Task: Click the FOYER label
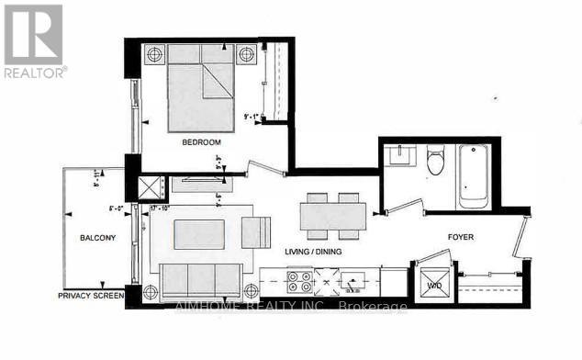coord(461,237)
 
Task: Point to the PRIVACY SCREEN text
coord(91,296)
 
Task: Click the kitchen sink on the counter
coord(353,280)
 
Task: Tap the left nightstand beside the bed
coord(153,53)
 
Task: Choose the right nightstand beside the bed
coord(247,54)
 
